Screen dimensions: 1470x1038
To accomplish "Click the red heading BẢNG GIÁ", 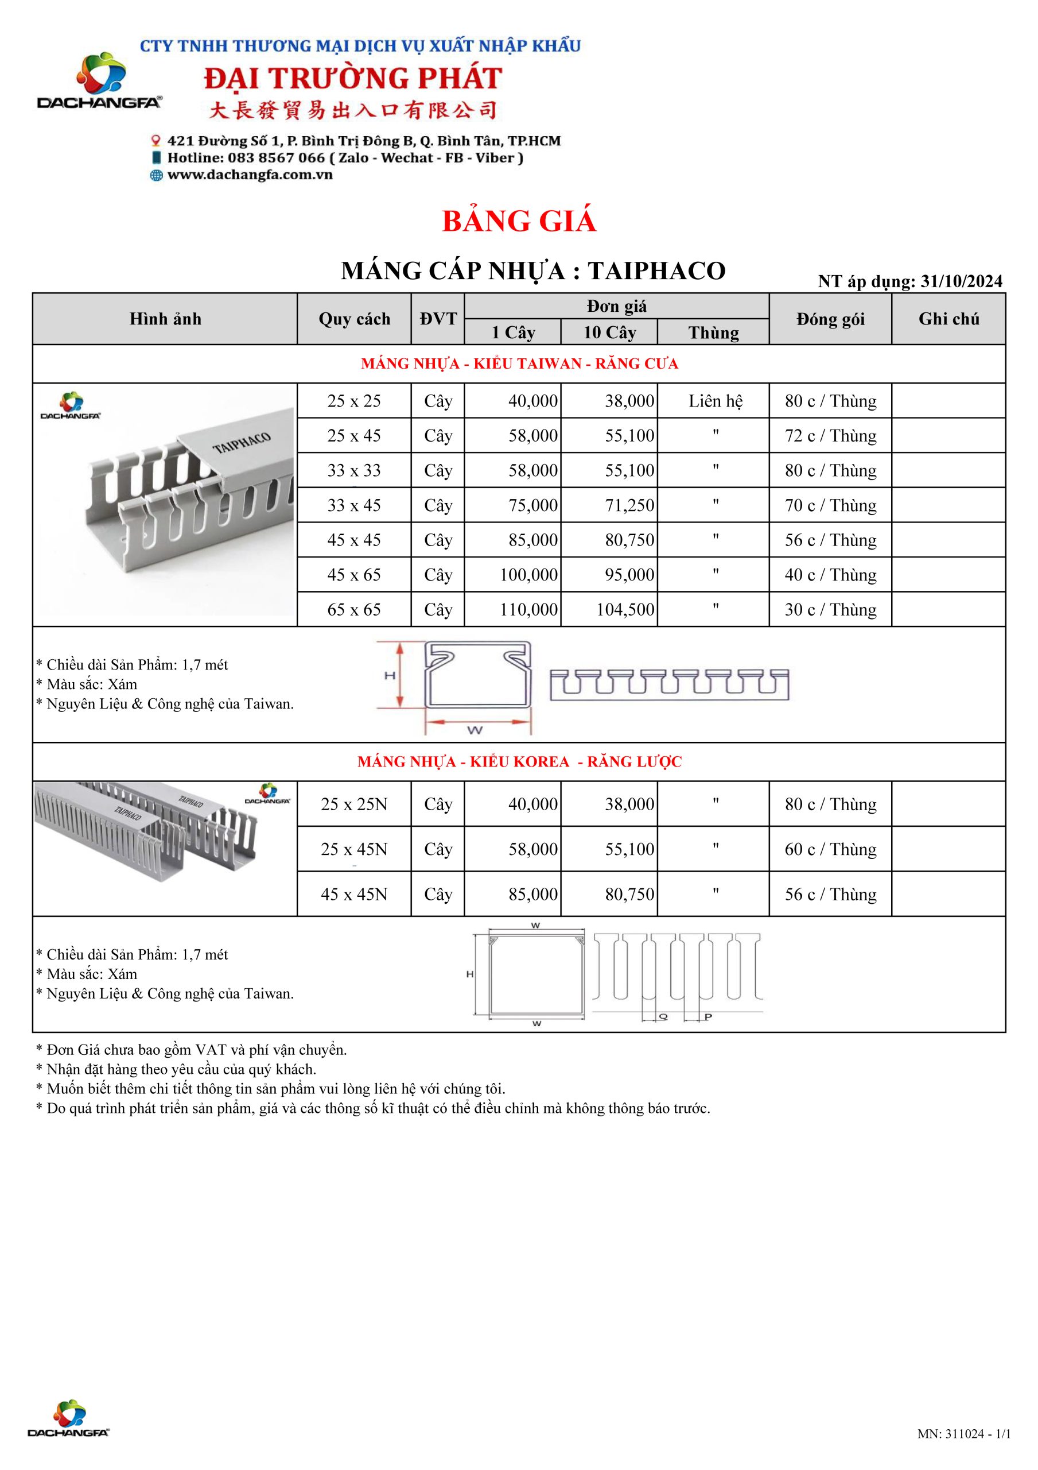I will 519,222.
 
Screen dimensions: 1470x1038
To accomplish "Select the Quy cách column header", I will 354,319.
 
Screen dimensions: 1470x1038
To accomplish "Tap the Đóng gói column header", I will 830,319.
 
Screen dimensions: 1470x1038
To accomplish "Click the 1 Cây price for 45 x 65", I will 528,575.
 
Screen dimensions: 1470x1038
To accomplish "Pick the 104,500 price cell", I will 625,609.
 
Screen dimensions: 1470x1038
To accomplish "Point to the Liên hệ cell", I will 716,401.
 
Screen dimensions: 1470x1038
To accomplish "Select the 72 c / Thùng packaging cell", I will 830,436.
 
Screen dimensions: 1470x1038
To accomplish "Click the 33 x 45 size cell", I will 354,506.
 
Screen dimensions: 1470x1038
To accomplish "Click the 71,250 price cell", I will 629,506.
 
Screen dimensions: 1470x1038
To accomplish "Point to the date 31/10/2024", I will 961,281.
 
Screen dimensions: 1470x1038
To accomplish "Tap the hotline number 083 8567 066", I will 278,158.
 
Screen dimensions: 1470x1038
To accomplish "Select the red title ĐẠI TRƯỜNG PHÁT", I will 353,79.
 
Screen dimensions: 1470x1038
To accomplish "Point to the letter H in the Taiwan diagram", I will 390,675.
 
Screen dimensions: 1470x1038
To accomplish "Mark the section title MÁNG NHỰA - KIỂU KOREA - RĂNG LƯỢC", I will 519,762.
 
